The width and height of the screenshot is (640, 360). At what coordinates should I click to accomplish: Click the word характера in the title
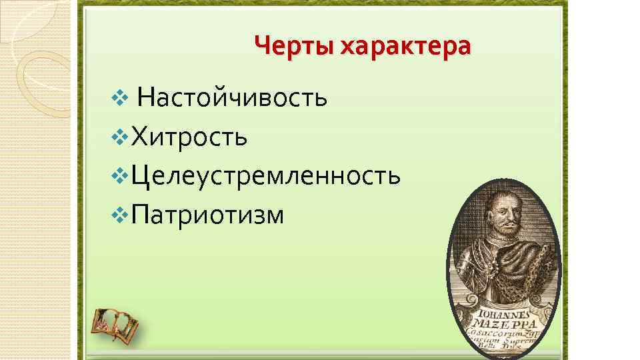[405, 47]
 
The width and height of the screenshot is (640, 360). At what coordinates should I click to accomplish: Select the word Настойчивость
[232, 99]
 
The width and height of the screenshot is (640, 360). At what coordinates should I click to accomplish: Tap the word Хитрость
[190, 137]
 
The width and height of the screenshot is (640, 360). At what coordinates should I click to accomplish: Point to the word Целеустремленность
[266, 176]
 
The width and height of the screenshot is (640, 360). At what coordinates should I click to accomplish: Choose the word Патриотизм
[208, 215]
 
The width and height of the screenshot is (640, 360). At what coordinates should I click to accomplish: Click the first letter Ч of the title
[262, 47]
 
